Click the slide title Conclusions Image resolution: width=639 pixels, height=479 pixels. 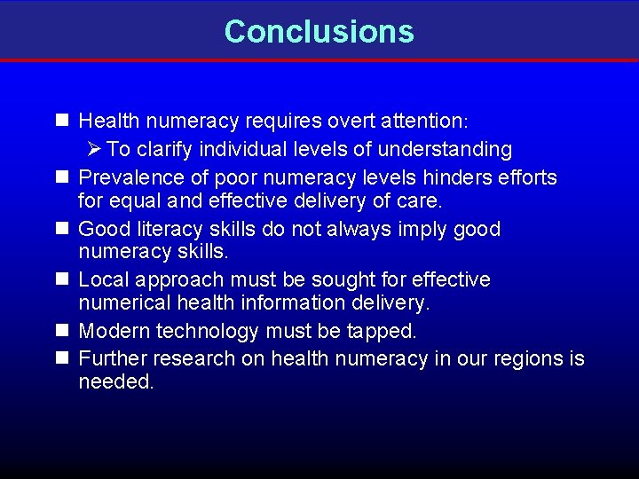[x=319, y=31]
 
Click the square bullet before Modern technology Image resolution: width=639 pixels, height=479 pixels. [x=61, y=331]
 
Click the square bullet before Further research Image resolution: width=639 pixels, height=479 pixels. [x=61, y=358]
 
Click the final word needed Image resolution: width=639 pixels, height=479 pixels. [x=115, y=381]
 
